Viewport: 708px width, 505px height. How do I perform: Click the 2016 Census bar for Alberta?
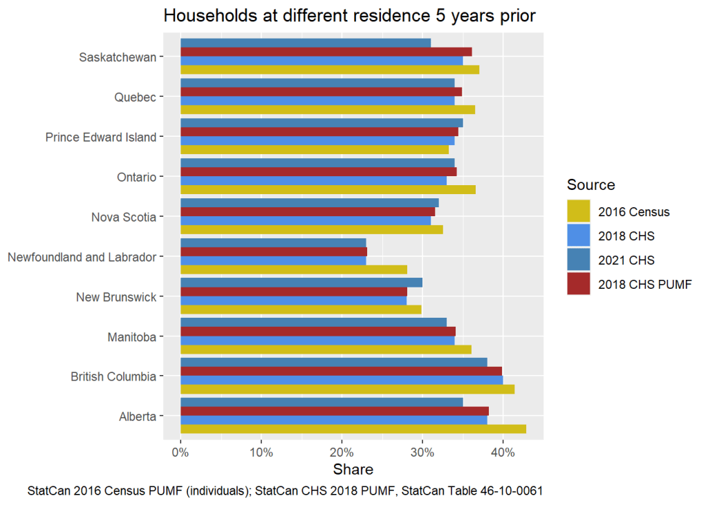353,429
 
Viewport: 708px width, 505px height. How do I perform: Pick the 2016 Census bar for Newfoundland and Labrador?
294,269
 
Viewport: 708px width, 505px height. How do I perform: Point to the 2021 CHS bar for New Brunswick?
301,283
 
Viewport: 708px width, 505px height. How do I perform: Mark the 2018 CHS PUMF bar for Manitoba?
318,331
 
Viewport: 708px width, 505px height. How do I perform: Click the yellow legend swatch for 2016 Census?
578,211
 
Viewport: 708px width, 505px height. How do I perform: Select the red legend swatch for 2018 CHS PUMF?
578,283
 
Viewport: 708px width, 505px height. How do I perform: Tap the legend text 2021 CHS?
626,260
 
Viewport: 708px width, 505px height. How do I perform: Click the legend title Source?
590,185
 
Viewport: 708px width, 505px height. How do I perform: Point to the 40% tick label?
503,452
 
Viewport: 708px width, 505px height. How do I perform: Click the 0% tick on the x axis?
180,452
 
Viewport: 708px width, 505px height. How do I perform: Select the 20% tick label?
342,452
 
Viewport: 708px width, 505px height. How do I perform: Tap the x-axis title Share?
353,470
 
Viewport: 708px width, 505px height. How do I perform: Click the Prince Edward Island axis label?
101,137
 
